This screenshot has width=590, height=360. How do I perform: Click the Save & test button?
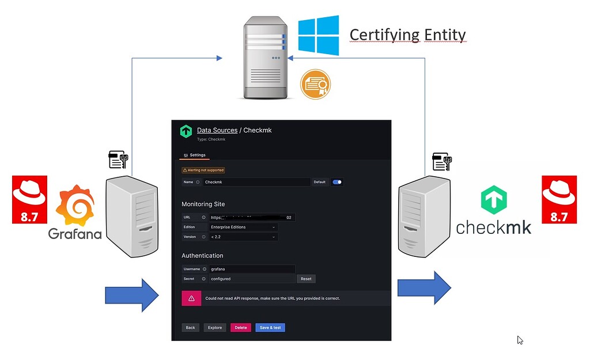coord(270,327)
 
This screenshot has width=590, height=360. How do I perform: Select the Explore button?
coord(214,327)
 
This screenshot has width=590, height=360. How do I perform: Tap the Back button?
coord(190,327)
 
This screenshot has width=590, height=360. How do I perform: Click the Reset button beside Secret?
coord(306,279)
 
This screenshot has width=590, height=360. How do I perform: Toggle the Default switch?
coord(337,182)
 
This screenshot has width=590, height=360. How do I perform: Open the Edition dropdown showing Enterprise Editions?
coord(244,227)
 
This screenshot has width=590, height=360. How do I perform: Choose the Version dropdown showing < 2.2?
coord(244,237)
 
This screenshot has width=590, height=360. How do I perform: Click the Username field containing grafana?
coord(252,269)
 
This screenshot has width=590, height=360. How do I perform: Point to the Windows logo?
coord(319,35)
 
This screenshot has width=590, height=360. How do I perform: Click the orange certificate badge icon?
coord(315,85)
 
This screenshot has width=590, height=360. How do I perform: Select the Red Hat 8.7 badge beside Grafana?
coord(29,199)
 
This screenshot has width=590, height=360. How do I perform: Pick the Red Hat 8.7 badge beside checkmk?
coord(559,199)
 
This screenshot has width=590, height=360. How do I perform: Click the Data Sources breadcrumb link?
coord(217,130)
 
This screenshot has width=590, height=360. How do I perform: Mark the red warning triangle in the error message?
coord(191,298)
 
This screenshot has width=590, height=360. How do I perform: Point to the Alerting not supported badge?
coord(203,170)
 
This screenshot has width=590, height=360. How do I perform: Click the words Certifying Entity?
coord(407,35)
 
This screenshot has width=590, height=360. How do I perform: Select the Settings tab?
coord(195,155)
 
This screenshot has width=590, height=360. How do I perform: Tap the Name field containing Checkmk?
coord(256,182)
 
